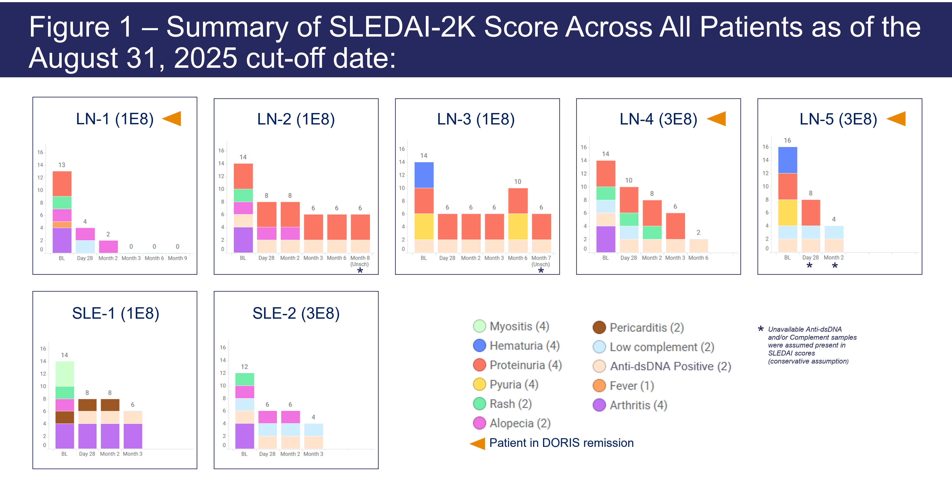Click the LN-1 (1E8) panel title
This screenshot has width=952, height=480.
point(115,119)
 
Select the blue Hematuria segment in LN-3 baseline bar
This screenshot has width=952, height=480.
point(424,175)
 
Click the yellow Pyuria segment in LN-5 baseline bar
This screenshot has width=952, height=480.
point(788,213)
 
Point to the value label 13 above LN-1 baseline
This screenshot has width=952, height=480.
point(62,165)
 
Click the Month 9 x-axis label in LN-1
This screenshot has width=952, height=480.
point(177,258)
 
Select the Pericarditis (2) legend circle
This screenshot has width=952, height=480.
point(599,327)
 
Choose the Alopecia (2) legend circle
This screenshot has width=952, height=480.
point(479,423)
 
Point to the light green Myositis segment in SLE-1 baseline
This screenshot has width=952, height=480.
point(65,374)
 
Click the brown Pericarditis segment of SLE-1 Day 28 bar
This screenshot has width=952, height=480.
point(87,405)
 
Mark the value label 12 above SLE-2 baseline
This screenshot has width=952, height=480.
point(244,367)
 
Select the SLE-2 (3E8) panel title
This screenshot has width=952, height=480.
point(296,314)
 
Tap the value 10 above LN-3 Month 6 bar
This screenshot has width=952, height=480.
point(517,182)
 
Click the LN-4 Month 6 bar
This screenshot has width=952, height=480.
point(698,246)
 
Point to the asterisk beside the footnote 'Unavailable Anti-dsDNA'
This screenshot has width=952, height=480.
point(761,329)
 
